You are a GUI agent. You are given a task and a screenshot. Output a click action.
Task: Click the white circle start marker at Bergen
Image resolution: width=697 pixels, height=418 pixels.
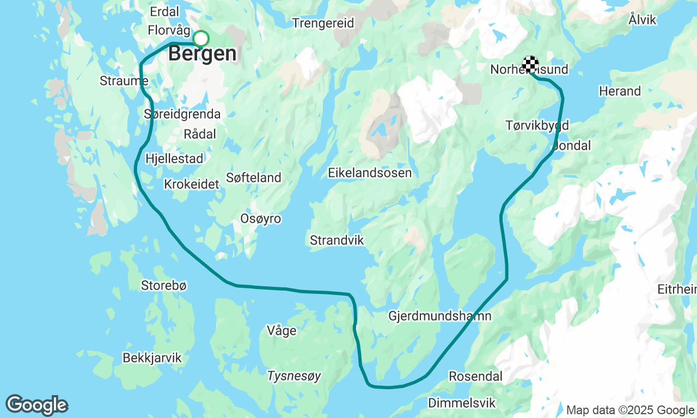pyautogui.click(x=201, y=39)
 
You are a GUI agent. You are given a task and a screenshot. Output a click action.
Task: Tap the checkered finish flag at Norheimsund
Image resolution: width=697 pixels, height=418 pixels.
pyautogui.click(x=530, y=64)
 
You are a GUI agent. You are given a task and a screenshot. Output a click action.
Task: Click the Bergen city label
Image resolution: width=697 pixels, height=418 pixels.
pyautogui.click(x=203, y=54)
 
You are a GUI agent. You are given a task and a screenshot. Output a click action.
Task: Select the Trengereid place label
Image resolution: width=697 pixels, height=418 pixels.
pyautogui.click(x=323, y=23)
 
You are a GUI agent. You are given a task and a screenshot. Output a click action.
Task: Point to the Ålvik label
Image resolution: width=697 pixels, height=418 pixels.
pyautogui.click(x=643, y=20)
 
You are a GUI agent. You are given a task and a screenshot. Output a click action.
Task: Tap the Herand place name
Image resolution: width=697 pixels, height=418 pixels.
pyautogui.click(x=620, y=91)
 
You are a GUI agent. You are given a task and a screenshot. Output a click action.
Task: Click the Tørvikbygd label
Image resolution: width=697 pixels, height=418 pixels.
pyautogui.click(x=537, y=126)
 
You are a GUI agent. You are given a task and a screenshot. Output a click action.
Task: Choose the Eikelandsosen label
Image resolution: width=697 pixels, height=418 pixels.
pyautogui.click(x=370, y=173)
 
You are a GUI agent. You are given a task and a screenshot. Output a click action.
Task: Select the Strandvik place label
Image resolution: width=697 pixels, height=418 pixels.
pyautogui.click(x=337, y=240)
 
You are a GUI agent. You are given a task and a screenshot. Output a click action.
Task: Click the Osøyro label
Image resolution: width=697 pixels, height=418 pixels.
pyautogui.click(x=261, y=219)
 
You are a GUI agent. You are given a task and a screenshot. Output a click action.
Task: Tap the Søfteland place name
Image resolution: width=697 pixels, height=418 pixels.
pyautogui.click(x=253, y=177)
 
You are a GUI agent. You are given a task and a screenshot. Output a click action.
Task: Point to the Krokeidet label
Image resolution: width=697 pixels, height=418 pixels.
pyautogui.click(x=192, y=185)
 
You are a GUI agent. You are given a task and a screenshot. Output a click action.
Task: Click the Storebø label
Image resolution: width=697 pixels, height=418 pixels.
pyautogui.click(x=164, y=285)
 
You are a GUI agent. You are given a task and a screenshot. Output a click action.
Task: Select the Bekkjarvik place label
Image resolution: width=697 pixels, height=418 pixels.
pyautogui.click(x=152, y=358)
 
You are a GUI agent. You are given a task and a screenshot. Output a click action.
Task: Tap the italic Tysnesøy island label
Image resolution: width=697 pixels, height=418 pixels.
pyautogui.click(x=294, y=376)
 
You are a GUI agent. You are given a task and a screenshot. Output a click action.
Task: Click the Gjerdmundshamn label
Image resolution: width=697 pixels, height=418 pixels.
pyautogui.click(x=440, y=316)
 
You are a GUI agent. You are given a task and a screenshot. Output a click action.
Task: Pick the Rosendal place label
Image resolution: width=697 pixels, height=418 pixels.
pyautogui.click(x=475, y=376)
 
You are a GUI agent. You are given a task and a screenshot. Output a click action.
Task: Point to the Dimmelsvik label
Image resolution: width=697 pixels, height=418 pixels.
pyautogui.click(x=462, y=403)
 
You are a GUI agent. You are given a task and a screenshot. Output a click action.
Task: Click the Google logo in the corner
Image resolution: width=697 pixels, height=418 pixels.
pyautogui.click(x=37, y=405)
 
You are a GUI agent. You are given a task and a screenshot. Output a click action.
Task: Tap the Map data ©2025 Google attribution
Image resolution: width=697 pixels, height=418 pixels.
pyautogui.click(x=630, y=410)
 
